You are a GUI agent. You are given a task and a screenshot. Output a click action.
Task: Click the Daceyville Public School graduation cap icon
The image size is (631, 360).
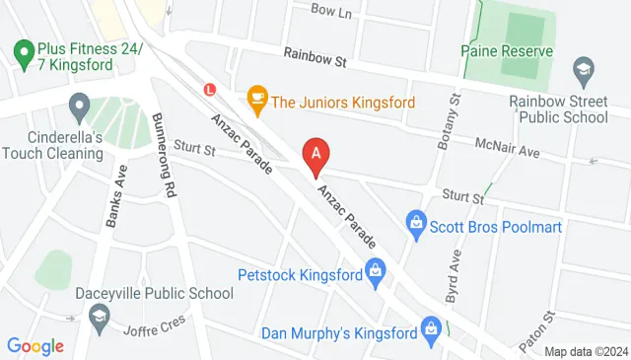(99, 316)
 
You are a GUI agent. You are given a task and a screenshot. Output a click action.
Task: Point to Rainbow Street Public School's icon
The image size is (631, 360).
(584, 69)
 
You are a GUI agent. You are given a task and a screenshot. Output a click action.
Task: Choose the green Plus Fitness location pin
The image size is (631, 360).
(21, 49)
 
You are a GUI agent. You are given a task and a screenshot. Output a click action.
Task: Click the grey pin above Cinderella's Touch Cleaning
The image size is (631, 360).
(79, 104)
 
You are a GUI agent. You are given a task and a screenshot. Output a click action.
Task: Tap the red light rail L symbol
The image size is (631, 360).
(208, 88)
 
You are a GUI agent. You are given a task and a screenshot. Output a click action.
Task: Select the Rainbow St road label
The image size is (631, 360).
(315, 60)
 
